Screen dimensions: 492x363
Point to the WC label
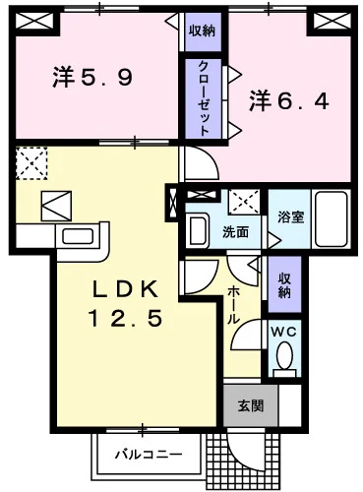point(283,332)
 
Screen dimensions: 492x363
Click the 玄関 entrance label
point(250,404)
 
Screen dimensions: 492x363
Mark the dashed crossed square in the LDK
point(30,161)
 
